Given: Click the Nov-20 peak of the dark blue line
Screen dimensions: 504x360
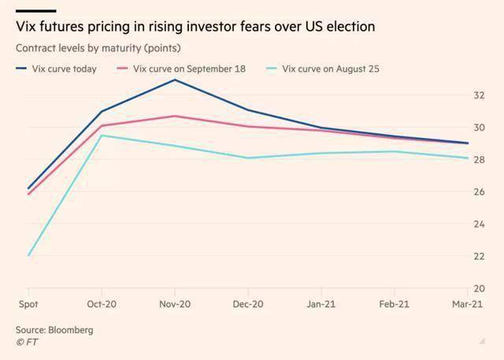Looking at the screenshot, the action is tap(175, 80).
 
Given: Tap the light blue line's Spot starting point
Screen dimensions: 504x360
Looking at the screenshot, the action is tap(28, 255).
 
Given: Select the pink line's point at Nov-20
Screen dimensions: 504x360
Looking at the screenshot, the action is tap(175, 116).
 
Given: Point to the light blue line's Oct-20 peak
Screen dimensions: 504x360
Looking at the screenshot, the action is tap(102, 135).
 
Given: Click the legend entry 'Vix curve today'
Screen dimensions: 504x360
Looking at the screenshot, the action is tap(56, 69).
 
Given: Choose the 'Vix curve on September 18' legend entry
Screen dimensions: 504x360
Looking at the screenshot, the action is tap(181, 69).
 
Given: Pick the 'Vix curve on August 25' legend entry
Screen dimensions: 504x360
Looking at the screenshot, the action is tap(323, 69).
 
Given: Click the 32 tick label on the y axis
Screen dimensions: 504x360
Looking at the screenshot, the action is tap(479, 95).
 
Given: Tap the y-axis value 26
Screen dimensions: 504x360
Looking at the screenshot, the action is tap(479, 191).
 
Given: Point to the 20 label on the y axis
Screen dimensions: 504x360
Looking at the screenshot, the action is tap(479, 288).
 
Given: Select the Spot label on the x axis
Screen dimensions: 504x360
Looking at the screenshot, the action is tap(28, 304).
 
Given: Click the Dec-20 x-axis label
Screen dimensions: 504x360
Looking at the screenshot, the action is tap(248, 304).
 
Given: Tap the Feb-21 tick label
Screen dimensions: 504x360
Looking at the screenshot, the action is tap(394, 304).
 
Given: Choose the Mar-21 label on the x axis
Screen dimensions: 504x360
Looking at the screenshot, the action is tap(467, 304).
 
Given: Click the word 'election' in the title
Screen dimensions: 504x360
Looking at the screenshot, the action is tap(350, 26).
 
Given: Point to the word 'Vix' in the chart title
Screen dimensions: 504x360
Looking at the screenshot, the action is tap(26, 26).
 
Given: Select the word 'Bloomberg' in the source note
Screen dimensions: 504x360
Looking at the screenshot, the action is tap(71, 330).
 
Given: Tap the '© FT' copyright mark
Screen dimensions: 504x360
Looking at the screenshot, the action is tap(27, 343).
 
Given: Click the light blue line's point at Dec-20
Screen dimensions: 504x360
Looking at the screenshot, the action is tap(248, 158).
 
